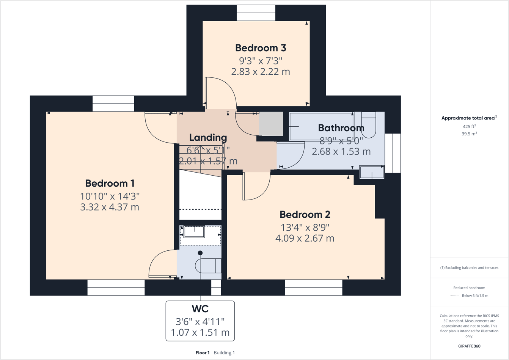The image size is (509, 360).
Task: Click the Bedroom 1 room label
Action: coord(110,184)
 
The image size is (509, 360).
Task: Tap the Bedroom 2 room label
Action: coord(305,215)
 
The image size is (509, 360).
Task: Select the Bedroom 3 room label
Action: coord(261,48)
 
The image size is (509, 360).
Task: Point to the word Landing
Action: coord(208,138)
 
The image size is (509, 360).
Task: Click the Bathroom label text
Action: coord(341,128)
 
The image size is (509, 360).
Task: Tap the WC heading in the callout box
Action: coord(200,309)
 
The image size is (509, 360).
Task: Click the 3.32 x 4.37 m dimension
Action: coord(110,208)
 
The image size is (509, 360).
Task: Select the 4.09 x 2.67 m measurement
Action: coord(305,239)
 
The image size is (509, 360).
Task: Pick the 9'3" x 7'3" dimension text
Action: coord(261,61)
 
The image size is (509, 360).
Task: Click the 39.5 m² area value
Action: coord(469,134)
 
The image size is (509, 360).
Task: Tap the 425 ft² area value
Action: coord(469,127)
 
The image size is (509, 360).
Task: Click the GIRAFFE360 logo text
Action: coord(469,346)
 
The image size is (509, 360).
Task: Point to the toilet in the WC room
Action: coord(208,266)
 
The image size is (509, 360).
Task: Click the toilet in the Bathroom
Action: coord(368,125)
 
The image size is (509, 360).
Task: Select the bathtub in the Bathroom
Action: coord(321,126)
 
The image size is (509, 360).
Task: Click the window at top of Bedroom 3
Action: coord(256,13)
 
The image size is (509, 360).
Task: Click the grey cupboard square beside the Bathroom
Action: coord(271,124)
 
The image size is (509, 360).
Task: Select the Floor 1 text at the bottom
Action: coord(203,353)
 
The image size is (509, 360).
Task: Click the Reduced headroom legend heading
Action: coord(469,288)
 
